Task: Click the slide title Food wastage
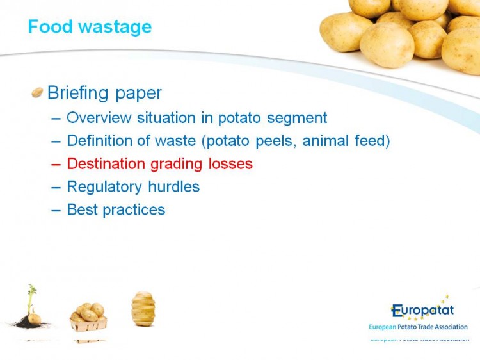(x=90, y=27)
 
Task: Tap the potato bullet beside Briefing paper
(x=37, y=92)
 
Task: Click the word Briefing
(x=77, y=93)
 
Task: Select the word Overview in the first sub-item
(x=99, y=117)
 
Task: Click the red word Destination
(x=106, y=163)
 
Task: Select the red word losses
(x=230, y=163)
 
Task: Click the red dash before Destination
(x=56, y=165)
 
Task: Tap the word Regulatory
(x=104, y=187)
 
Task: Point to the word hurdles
(x=174, y=186)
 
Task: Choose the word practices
(x=134, y=211)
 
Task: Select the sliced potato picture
(x=143, y=309)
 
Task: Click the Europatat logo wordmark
(x=422, y=311)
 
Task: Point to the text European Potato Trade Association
(x=418, y=327)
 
